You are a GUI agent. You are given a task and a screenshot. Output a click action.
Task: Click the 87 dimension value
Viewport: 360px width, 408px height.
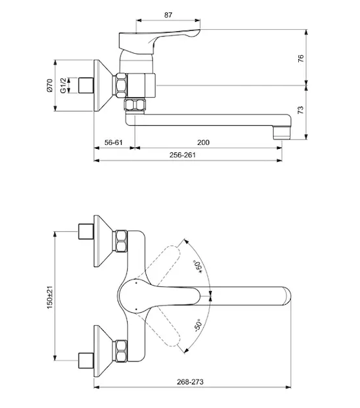tap(168, 15)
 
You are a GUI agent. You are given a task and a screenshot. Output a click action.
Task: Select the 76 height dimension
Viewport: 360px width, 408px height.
tap(300, 58)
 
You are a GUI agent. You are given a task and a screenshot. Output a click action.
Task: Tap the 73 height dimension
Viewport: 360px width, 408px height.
tap(300, 109)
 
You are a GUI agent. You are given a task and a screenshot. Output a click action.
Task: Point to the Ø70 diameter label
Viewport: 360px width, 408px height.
tap(50, 86)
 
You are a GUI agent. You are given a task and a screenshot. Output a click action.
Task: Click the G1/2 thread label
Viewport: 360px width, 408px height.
tap(63, 86)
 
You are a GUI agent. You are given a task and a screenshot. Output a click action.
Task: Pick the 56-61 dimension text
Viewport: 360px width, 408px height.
tap(113, 142)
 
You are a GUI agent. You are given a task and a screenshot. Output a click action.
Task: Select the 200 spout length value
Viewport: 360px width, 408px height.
tap(203, 142)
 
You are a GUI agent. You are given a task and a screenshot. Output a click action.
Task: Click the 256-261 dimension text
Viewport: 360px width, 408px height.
tap(183, 155)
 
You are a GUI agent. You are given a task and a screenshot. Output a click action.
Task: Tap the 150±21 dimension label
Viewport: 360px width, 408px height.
tap(50, 297)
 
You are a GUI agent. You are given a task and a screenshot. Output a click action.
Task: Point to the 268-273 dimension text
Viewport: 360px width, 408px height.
tap(190, 382)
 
